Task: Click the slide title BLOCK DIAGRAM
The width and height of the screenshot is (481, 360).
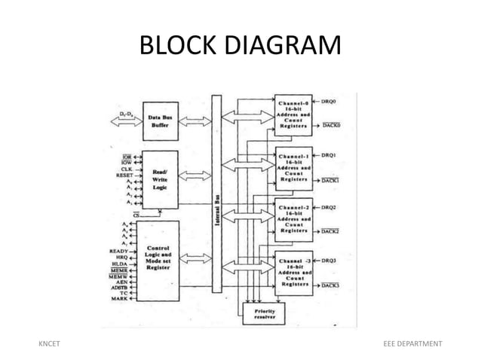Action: click(x=240, y=46)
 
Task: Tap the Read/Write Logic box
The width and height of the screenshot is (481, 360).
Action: click(x=159, y=179)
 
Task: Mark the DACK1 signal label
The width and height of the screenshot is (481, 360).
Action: click(x=331, y=181)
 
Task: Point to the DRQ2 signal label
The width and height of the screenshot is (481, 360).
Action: click(x=329, y=206)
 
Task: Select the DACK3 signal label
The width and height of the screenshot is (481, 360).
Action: click(x=331, y=285)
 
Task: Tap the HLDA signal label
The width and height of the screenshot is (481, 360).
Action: click(x=118, y=264)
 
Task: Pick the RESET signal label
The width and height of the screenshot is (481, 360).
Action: click(x=115, y=175)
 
